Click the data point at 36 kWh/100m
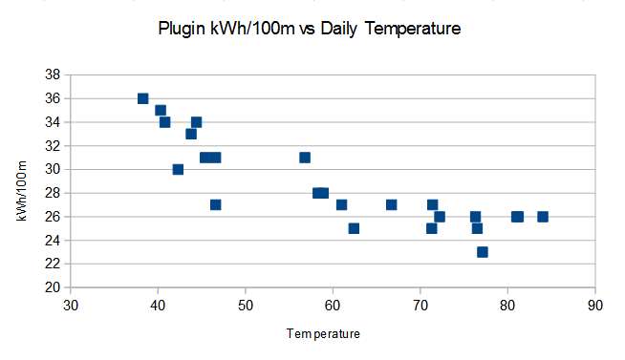[x=143, y=98]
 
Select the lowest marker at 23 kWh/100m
[x=483, y=252]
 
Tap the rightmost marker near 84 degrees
[x=543, y=217]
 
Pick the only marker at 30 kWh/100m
[x=178, y=169]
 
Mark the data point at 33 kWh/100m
[x=191, y=134]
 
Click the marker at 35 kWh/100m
[x=161, y=110]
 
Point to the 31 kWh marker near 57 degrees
[x=305, y=158]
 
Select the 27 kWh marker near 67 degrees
[x=392, y=204]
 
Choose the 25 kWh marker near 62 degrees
[x=354, y=228]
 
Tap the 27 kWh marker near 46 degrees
[x=216, y=204]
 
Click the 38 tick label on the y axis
[x=53, y=74]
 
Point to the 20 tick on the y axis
[x=53, y=287]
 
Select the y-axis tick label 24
[x=53, y=241]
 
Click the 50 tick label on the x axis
[x=246, y=307]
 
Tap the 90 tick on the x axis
[x=595, y=307]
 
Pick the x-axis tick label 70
[x=420, y=307]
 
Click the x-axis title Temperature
[x=324, y=334]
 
